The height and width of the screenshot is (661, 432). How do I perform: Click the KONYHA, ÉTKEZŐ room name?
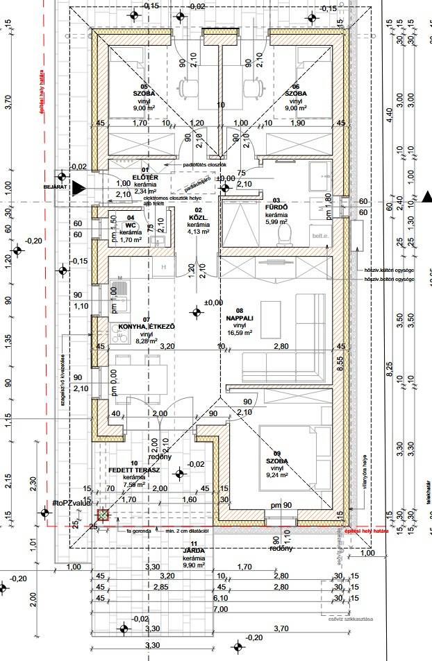[146, 326]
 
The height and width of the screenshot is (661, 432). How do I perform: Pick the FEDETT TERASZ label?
[134, 470]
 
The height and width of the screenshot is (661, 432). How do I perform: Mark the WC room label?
[130, 225]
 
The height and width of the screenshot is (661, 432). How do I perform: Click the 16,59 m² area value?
[240, 333]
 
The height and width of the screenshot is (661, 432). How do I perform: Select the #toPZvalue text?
[73, 501]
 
